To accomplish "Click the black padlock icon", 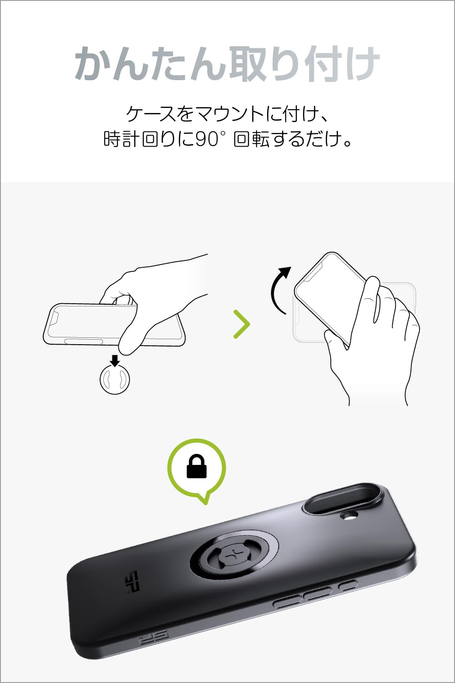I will tap(197, 467).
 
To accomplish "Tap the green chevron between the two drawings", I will tap(242, 324).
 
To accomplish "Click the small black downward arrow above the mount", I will tap(115, 361).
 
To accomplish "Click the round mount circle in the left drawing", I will tap(115, 379).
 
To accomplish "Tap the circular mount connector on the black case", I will tap(232, 555).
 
